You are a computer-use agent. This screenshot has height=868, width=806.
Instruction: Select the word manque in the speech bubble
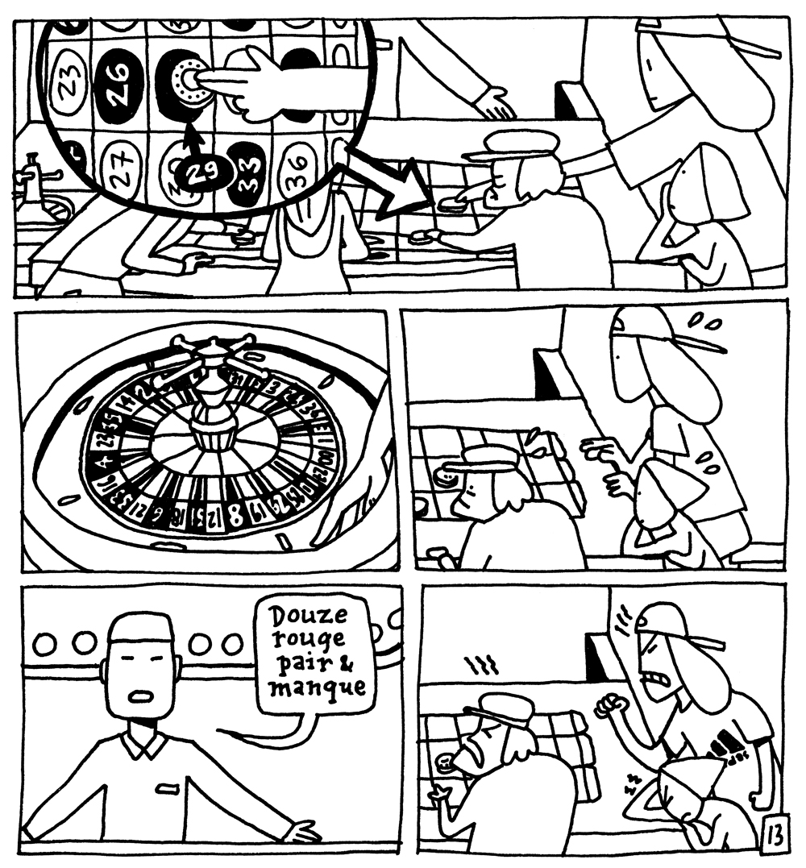(x=318, y=689)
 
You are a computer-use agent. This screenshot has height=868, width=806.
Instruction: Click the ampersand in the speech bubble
(x=355, y=666)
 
